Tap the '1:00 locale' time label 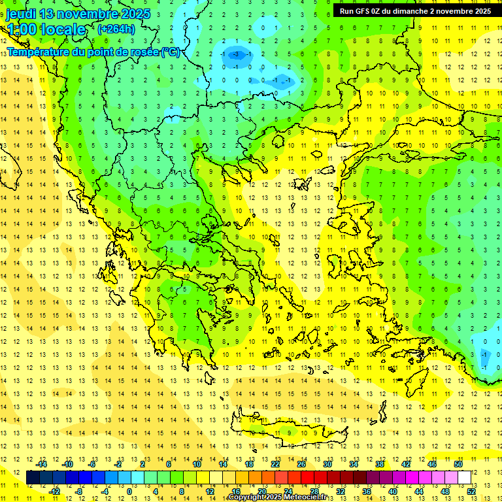[x=46, y=29]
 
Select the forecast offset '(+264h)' [x=116, y=29]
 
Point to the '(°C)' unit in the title [x=170, y=52]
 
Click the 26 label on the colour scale [x=301, y=464]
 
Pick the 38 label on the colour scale [x=380, y=464]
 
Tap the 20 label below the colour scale [x=261, y=491]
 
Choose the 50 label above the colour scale [x=458, y=464]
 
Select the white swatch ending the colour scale [x=465, y=477]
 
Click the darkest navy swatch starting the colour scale [x=33, y=477]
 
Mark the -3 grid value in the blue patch [x=237, y=55]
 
